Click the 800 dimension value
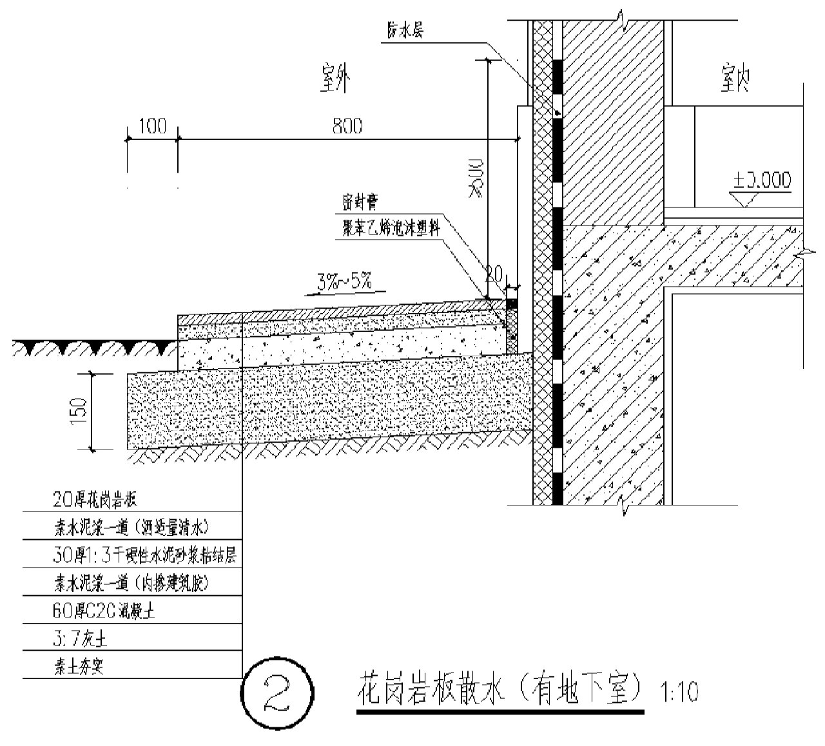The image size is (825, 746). tap(347, 126)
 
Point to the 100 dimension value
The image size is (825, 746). tap(152, 126)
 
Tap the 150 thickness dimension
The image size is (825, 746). tap(79, 411)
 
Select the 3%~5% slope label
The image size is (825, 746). tap(344, 282)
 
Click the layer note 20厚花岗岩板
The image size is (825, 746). tap(95, 499)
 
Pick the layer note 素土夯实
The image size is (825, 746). tap(78, 666)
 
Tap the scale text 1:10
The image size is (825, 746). tap(679, 693)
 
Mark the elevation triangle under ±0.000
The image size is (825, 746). tap(748, 199)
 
